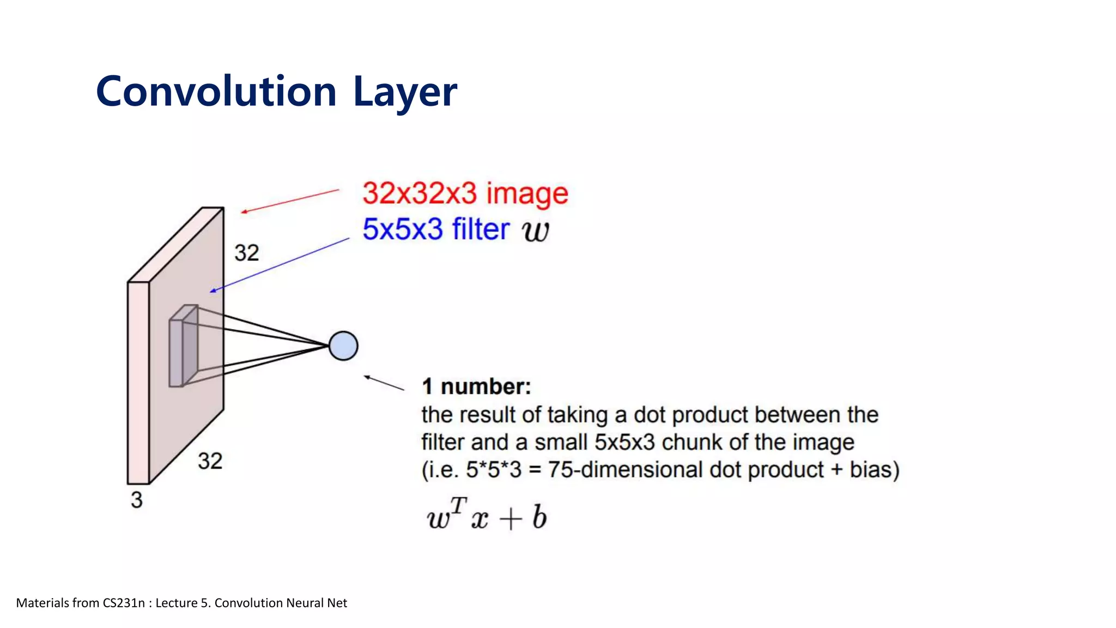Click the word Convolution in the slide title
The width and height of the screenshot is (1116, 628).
(x=216, y=91)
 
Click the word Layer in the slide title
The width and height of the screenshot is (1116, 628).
(x=405, y=91)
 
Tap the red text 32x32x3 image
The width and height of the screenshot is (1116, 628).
(x=465, y=194)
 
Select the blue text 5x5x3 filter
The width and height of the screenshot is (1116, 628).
(x=436, y=229)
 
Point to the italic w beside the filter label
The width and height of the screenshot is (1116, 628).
(x=535, y=231)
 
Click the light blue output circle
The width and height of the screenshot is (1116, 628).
(x=343, y=346)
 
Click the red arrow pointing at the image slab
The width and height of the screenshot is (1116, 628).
(x=290, y=201)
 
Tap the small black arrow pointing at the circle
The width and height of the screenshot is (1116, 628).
(x=384, y=383)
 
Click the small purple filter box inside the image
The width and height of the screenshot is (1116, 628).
(x=183, y=349)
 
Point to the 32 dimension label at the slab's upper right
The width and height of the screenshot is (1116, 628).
(x=246, y=253)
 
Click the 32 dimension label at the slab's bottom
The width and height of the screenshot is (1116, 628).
(x=210, y=461)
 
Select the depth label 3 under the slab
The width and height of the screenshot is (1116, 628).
(x=136, y=500)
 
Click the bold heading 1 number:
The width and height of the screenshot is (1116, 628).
(x=476, y=387)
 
